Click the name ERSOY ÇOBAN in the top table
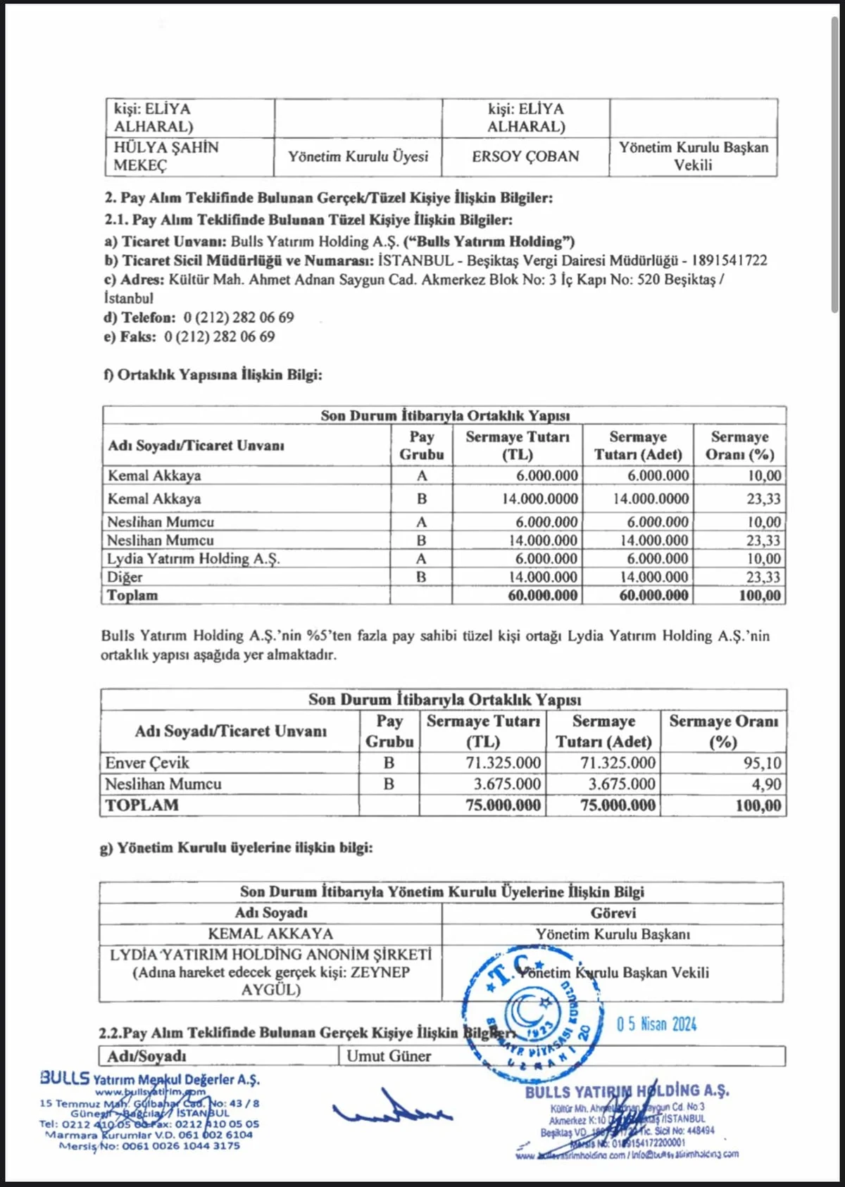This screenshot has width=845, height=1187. click(525, 156)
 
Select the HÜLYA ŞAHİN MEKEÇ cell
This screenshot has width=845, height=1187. click(166, 156)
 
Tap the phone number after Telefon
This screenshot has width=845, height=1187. click(239, 318)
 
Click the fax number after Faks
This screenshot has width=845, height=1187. click(220, 337)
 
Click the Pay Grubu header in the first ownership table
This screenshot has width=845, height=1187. click(421, 446)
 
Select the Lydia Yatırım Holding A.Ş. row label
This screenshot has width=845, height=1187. click(193, 559)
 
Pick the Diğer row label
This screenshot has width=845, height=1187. click(125, 577)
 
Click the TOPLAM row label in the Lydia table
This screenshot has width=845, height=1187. click(142, 805)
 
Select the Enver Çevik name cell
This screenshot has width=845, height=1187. click(147, 763)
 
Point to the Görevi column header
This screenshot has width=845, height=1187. click(613, 913)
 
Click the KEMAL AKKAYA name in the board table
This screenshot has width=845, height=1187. click(270, 934)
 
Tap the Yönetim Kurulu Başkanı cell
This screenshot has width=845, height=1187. click(613, 934)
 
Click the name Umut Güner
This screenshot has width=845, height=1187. click(389, 1056)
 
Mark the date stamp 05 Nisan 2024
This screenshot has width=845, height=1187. click(656, 1024)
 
